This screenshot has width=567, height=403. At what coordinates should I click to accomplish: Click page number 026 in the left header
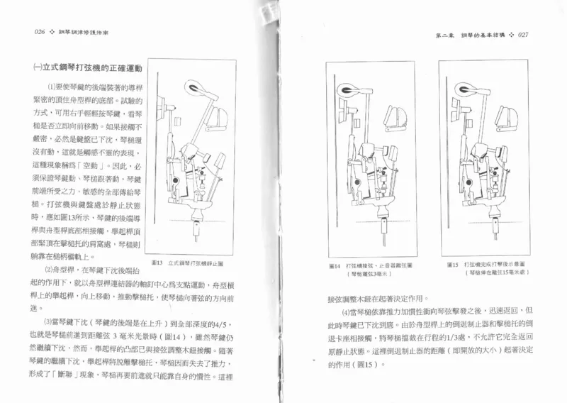click(x=35, y=33)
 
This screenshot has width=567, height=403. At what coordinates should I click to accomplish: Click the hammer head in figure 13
click(x=193, y=88)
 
